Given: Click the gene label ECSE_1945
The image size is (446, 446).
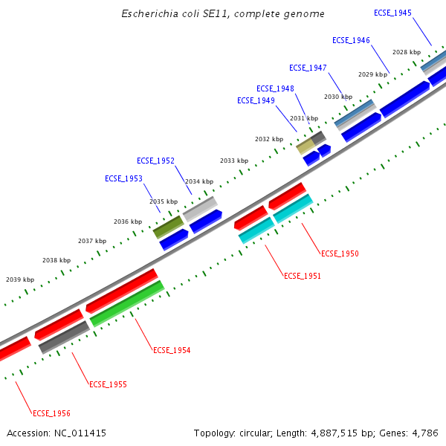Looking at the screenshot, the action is click(392, 13).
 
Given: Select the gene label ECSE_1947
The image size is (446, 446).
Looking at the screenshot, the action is click(308, 68).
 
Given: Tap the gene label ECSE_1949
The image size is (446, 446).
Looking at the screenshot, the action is click(256, 100).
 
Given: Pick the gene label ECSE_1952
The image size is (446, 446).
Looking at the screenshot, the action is click(155, 161).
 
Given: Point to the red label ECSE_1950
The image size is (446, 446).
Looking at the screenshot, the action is click(340, 254).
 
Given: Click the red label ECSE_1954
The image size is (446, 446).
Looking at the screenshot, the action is click(172, 350).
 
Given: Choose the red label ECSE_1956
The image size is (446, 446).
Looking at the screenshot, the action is click(51, 413).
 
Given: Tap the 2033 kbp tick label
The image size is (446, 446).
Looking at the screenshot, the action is click(234, 161).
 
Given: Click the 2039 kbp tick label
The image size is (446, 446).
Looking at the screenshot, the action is click(20, 279).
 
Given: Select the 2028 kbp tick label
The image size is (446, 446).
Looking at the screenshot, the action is click(407, 52).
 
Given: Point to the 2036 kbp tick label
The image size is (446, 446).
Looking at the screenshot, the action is click(128, 222).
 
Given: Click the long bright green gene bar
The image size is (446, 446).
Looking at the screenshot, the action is click(127, 303).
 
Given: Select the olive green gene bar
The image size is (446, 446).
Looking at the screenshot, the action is click(168, 227).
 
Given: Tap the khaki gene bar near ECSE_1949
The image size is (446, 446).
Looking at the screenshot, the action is click(306, 146).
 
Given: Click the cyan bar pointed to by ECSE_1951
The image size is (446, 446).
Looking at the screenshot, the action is click(256, 230).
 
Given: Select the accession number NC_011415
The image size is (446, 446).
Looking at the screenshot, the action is click(81, 433).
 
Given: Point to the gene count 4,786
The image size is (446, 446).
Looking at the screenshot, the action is click(424, 433).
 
